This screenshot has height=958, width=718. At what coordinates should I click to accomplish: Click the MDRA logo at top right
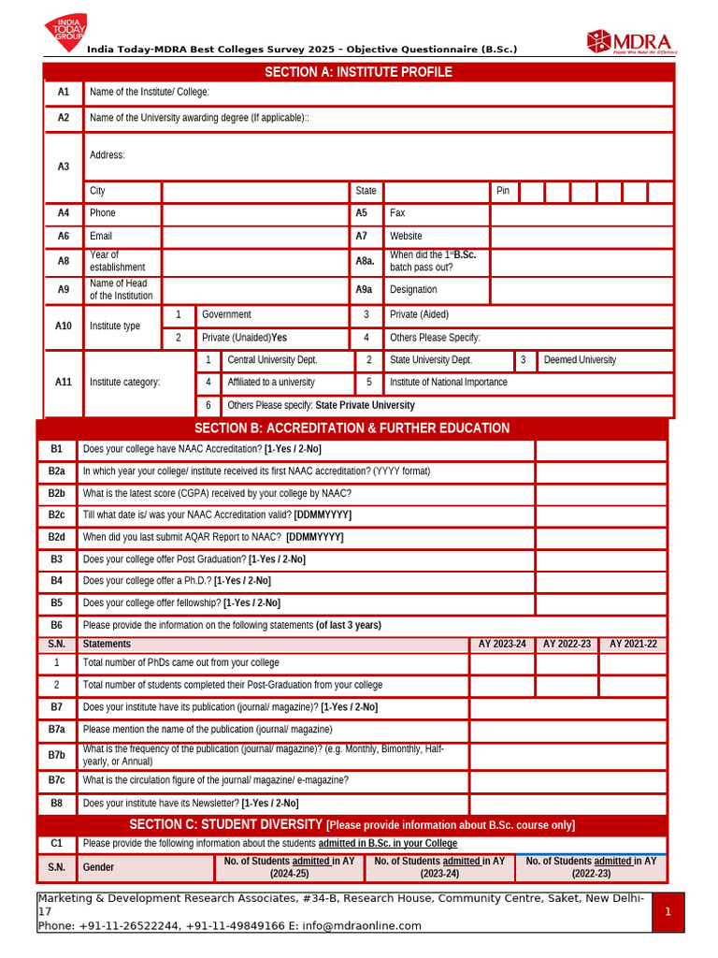coord(631,41)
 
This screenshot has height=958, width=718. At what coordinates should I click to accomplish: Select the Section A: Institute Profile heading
coord(358,72)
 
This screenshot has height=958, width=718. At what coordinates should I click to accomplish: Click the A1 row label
coord(64,93)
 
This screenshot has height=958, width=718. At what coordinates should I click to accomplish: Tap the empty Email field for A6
coord(255,237)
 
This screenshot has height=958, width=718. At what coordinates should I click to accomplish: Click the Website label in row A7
coord(406,237)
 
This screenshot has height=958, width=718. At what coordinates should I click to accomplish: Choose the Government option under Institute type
coord(226,315)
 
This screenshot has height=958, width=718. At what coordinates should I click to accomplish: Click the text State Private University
coord(365,406)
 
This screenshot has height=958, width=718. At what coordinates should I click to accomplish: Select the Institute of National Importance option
coord(449,383)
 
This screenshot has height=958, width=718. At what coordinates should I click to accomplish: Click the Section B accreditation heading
coord(352,428)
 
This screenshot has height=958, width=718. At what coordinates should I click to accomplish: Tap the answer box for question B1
coord(600,451)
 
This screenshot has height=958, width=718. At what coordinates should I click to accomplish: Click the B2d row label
coord(57,537)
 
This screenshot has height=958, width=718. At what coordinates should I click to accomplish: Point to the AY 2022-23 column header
coord(567,645)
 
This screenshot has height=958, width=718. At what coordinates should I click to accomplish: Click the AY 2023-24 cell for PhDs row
coord(501,663)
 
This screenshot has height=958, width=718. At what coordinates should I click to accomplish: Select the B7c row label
coord(57,780)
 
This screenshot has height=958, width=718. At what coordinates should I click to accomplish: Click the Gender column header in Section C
coord(98,868)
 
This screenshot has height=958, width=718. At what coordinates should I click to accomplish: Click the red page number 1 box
coord(668,912)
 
